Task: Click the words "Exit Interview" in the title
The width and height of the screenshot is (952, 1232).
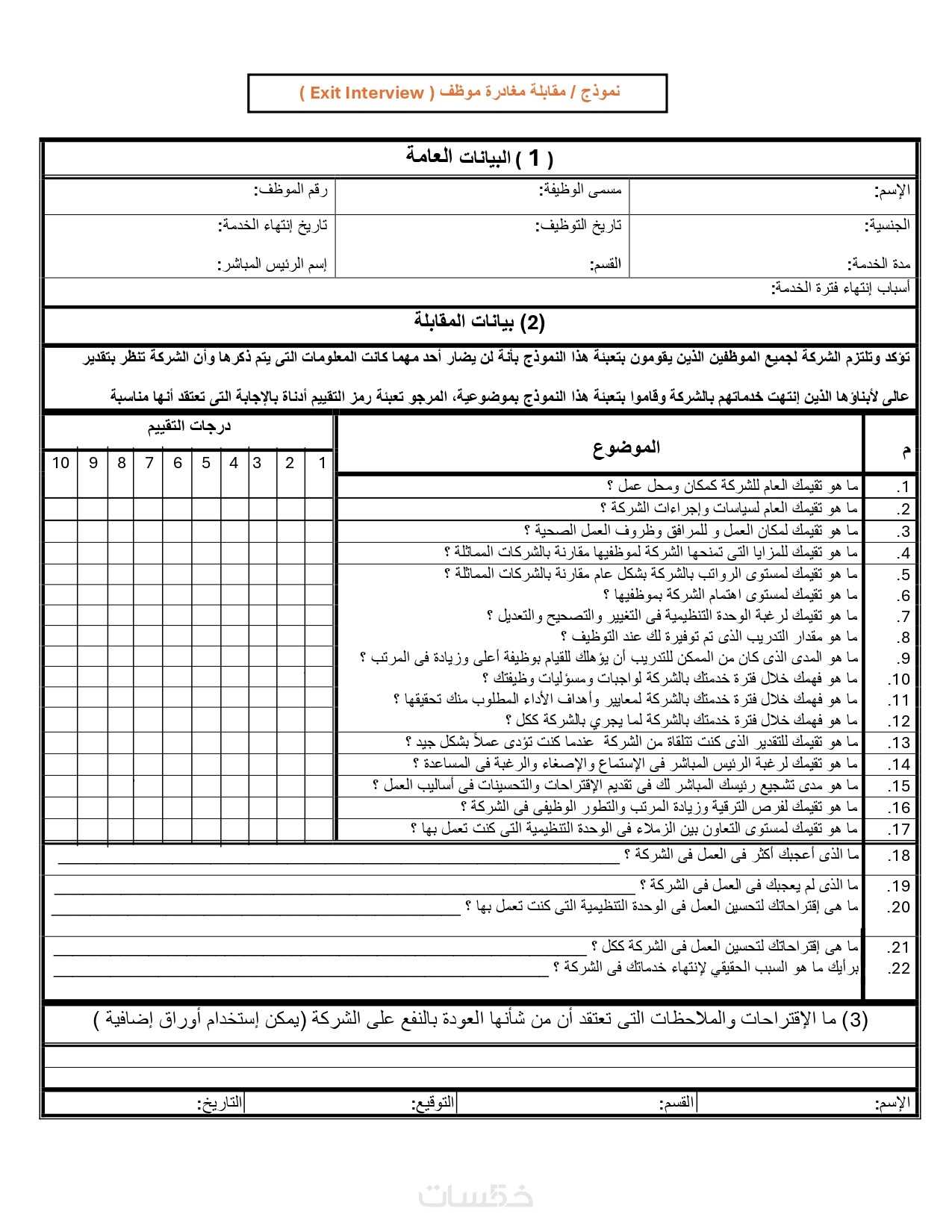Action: (x=367, y=93)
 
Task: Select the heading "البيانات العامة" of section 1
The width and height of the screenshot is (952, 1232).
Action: (x=458, y=157)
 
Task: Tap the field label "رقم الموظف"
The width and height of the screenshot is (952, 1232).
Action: (x=291, y=190)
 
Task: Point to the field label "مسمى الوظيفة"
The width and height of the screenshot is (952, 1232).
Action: (x=580, y=190)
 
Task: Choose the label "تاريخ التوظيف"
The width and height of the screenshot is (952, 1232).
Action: (x=578, y=225)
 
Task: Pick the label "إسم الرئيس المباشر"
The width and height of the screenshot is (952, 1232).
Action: (x=272, y=264)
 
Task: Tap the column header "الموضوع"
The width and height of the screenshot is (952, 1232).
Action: (x=626, y=447)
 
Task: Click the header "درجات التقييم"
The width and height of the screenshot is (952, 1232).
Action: (x=189, y=426)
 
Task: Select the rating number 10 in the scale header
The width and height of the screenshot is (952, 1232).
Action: (x=60, y=463)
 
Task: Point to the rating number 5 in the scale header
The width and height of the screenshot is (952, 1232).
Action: (x=206, y=463)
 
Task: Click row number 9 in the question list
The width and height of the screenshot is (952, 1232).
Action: (x=903, y=659)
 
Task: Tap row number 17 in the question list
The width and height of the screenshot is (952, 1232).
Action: (x=899, y=830)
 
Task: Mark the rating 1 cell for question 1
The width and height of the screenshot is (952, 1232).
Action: (x=321, y=487)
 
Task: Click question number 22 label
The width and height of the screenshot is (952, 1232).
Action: (x=899, y=969)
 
